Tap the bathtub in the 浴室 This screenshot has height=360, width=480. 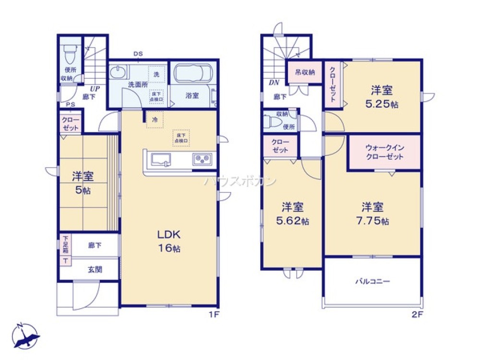click(192, 74)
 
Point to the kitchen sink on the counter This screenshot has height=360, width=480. click(162, 159)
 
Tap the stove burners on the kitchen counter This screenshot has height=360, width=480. click(203, 159)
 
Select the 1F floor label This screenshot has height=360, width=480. click(213, 315)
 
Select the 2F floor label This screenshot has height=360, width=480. click(417, 315)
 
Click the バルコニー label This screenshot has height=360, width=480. click(372, 281)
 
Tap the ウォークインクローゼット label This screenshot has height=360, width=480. click(384, 153)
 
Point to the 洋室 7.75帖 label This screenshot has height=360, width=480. click(372, 214)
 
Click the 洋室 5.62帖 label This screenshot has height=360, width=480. click(292, 214)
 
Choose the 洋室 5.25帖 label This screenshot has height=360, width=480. click(382, 96)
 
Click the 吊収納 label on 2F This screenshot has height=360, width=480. click(305, 72)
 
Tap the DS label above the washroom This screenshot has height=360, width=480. click(138, 54)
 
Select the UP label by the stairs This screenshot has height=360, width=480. click(94, 89)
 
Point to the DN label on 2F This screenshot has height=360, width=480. click(274, 83)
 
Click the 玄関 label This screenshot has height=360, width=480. click(94, 269)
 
